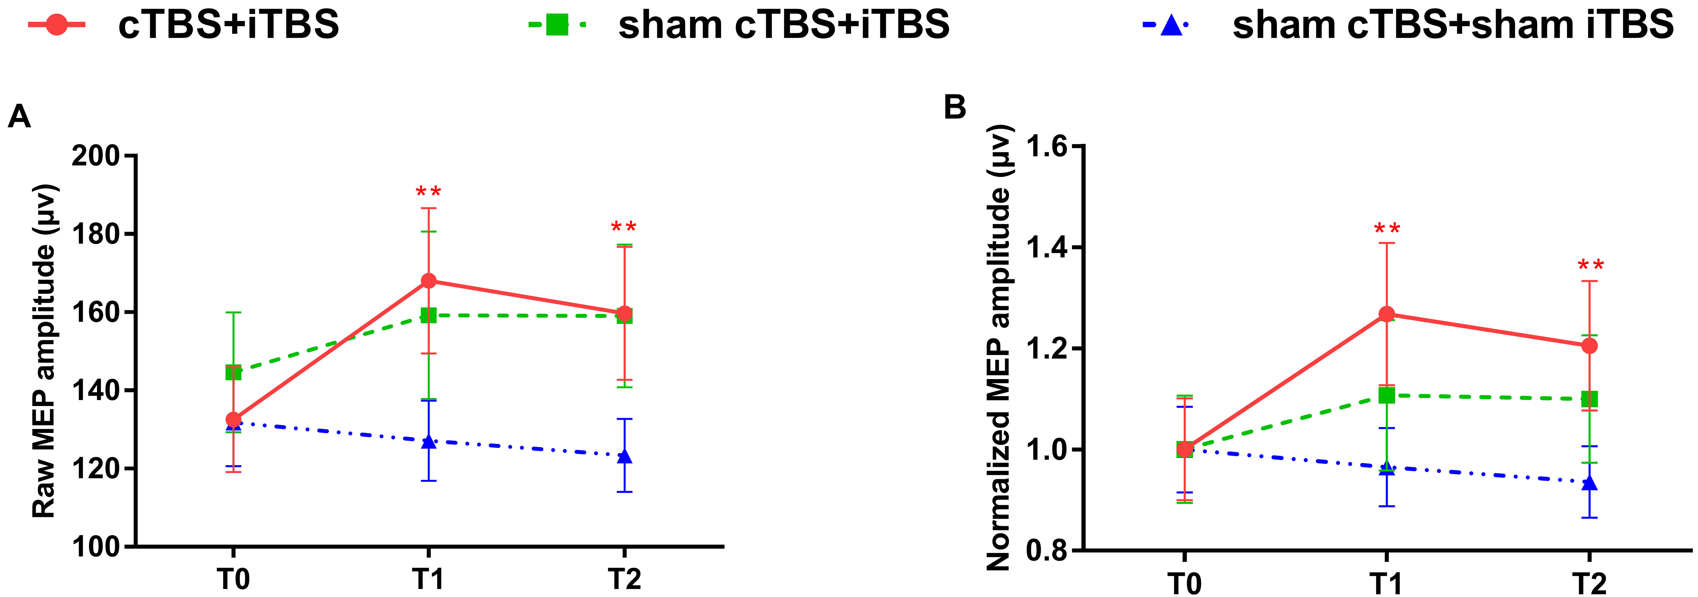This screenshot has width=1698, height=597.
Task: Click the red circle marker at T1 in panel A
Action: click(x=428, y=281)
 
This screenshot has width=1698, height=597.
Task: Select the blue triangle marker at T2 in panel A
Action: click(x=624, y=456)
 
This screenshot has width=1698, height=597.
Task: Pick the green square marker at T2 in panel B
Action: click(x=1589, y=399)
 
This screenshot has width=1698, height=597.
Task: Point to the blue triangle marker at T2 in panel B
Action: click(x=1589, y=483)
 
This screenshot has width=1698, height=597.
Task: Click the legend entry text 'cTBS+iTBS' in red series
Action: click(x=228, y=25)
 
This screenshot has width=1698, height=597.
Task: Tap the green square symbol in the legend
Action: click(x=557, y=25)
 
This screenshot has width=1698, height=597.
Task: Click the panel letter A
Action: click(x=19, y=117)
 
